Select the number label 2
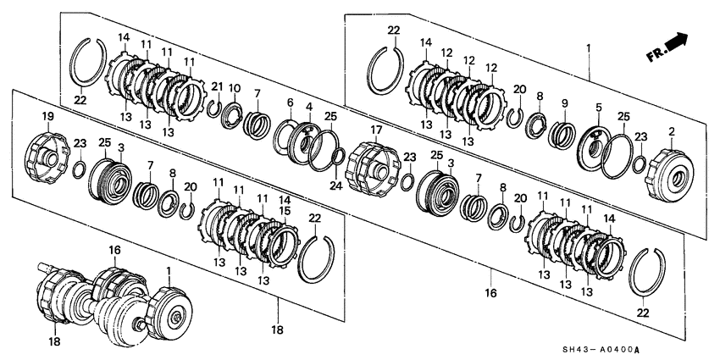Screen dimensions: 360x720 671,132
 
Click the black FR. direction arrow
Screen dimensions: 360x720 675,42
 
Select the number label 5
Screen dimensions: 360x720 599,108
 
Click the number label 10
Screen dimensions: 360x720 235,88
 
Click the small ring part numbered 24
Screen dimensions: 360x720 336,156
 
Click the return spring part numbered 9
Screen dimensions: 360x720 562,135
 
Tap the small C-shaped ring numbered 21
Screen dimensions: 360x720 215,108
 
